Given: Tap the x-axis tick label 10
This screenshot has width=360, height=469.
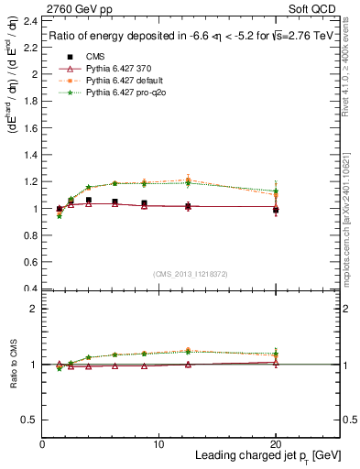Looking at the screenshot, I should (159, 443).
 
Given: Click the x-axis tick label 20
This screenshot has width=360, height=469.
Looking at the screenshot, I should (276, 443).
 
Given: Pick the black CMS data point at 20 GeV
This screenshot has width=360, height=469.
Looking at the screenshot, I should (276, 210).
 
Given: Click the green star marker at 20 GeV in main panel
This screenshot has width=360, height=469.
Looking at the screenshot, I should (276, 191).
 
